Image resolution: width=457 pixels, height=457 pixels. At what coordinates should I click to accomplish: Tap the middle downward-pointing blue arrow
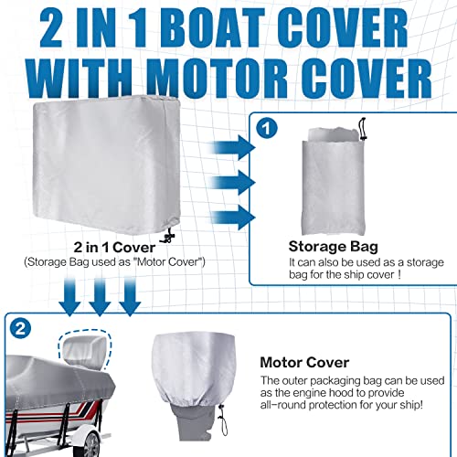tap(98, 295)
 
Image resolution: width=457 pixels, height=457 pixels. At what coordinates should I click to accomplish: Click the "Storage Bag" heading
tap(332, 245)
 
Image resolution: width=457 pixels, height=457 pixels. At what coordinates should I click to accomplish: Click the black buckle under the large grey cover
tap(168, 238)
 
